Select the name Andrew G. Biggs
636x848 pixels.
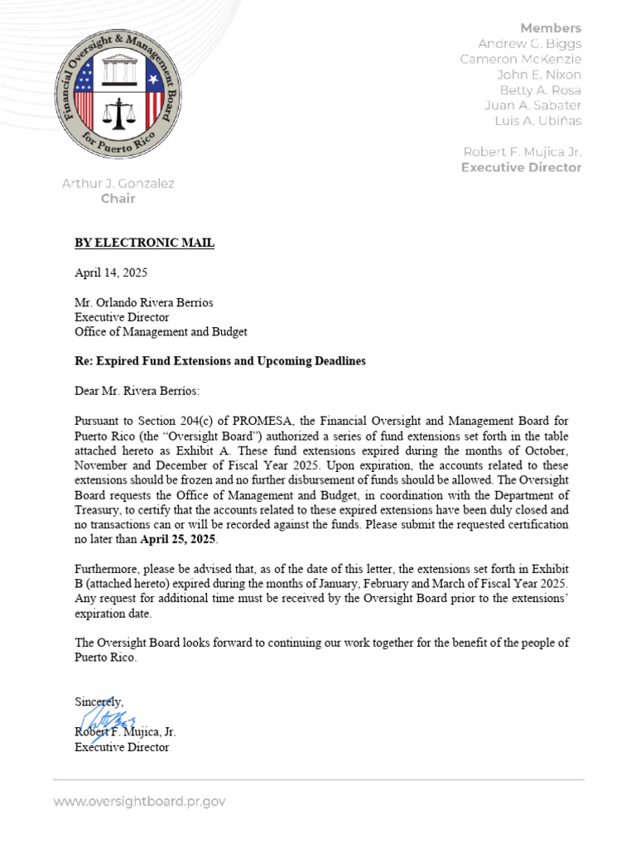coord(530,43)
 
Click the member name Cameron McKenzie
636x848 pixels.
coord(521,59)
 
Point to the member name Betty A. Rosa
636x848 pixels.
coord(540,89)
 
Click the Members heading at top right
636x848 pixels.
coord(551,28)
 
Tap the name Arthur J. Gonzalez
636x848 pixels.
coord(118,183)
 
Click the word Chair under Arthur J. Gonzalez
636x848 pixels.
coord(118,199)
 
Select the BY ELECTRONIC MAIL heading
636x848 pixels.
coord(144,243)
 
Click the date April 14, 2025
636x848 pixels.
coord(111,272)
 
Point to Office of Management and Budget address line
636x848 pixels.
coord(161,332)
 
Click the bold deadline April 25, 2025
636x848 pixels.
coord(178,540)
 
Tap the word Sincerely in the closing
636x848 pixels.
coord(99,701)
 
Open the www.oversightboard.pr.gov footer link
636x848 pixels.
coord(139,802)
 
